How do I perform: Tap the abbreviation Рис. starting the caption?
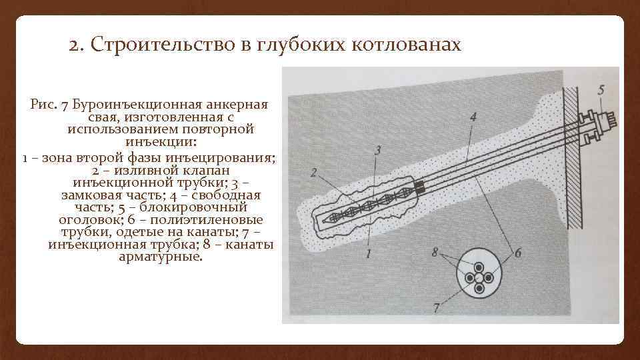click(42, 105)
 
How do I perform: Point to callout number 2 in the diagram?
click(313, 173)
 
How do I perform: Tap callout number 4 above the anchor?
click(473, 117)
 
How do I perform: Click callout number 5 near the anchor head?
click(601, 89)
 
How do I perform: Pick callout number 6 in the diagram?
click(517, 253)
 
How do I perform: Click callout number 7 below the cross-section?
click(436, 308)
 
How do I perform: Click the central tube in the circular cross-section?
click(479, 277)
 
